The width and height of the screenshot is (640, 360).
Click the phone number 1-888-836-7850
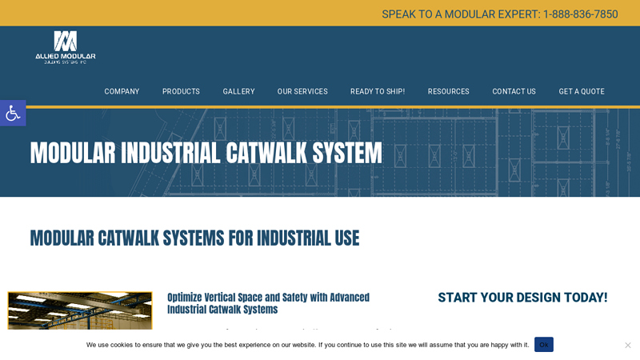pyautogui.click(x=580, y=14)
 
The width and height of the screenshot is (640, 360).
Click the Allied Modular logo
pyautogui.click(x=66, y=47)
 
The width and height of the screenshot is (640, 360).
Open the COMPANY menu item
pyautogui.click(x=122, y=91)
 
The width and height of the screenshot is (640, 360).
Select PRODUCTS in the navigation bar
pyautogui.click(x=181, y=91)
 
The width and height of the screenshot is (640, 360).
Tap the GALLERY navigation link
pyautogui.click(x=238, y=91)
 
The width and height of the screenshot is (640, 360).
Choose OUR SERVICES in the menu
pyautogui.click(x=302, y=91)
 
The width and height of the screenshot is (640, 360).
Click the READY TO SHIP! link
pyautogui.click(x=378, y=91)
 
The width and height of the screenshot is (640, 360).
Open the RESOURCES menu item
pyautogui.click(x=448, y=91)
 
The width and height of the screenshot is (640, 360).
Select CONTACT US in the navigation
pyautogui.click(x=514, y=91)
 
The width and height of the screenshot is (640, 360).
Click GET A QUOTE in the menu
pyautogui.click(x=582, y=91)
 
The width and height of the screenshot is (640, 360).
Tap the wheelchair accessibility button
pyautogui.click(x=13, y=113)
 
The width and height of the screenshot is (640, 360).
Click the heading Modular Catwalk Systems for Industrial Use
pyautogui.click(x=194, y=238)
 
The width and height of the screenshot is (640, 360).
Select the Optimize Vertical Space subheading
pyautogui.click(x=268, y=303)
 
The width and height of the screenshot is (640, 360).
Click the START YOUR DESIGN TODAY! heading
pyautogui.click(x=522, y=298)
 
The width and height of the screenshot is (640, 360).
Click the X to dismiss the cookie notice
pyautogui.click(x=627, y=345)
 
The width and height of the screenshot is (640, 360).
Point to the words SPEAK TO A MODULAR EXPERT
pyautogui.click(x=461, y=14)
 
